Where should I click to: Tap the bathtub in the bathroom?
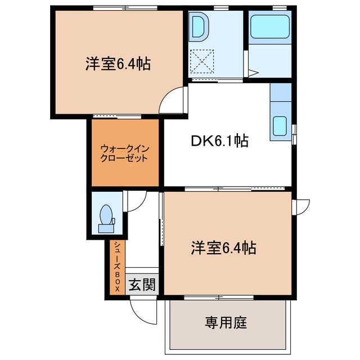270,26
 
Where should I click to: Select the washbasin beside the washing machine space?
199,27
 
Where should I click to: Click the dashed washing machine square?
202,61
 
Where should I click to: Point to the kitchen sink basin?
280,126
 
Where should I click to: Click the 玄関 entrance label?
142,285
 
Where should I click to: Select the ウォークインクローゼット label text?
124,154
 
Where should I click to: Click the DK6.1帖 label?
220,141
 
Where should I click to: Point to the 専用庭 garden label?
226,322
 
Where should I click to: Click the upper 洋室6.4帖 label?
118,64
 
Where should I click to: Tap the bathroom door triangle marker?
254,73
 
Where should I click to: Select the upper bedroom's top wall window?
125,8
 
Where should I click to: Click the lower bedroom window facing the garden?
219,298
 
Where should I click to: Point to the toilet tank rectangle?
106,228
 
